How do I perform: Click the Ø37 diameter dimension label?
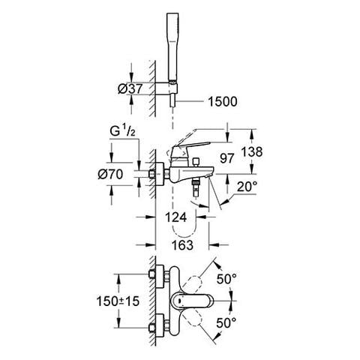point(130,88)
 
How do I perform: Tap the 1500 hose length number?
point(223,102)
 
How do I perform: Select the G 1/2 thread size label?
point(122,131)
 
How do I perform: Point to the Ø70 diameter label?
point(110,174)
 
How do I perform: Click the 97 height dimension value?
point(227,158)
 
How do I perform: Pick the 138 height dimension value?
point(252,151)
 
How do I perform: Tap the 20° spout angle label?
point(247,186)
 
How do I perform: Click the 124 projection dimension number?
point(175,217)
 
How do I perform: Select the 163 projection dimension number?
point(182,245)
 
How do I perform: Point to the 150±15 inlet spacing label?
point(118,301)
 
